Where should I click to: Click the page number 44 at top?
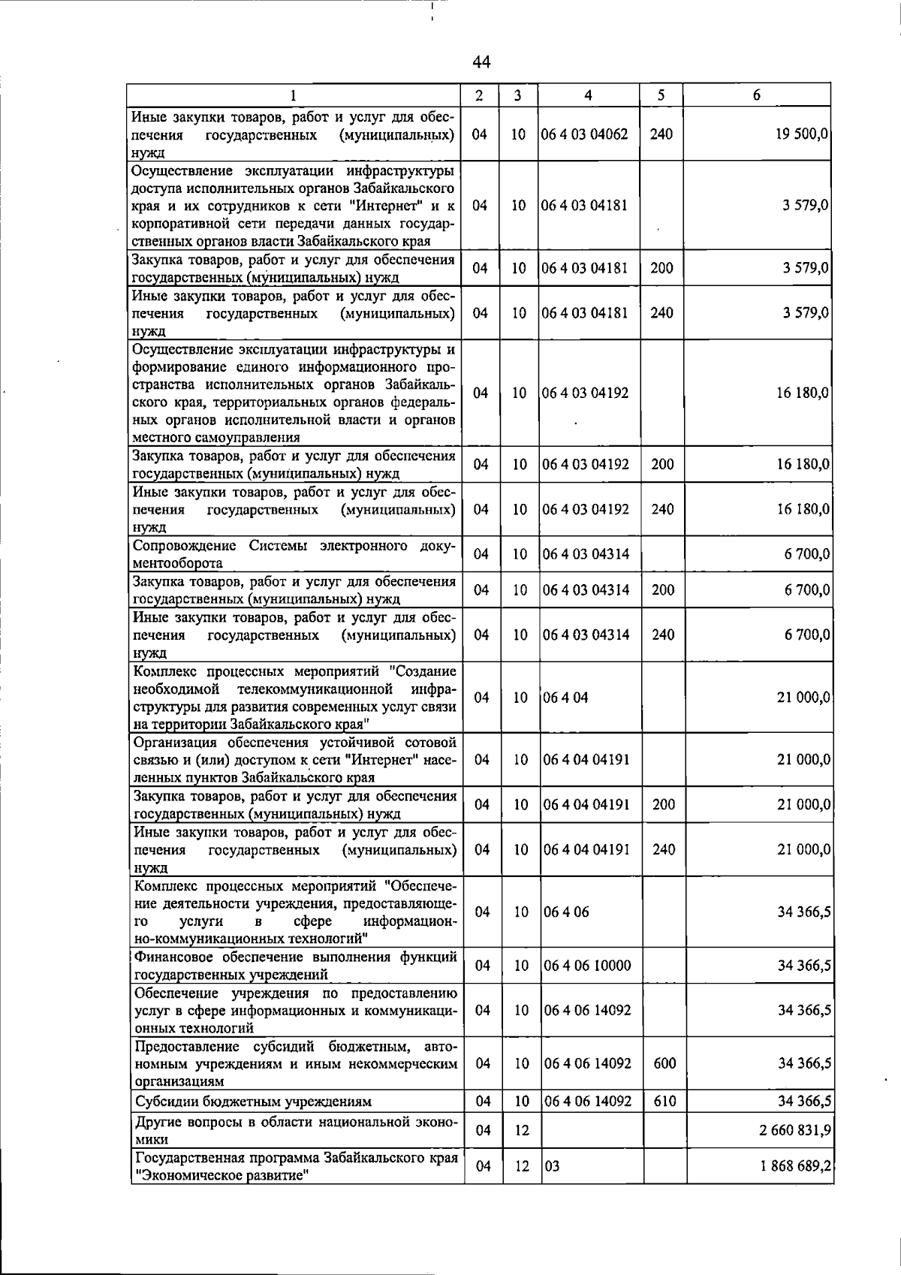pos(482,63)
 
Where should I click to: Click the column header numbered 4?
pos(589,95)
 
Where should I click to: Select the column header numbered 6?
pos(757,95)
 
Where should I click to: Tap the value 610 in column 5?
pos(664,1102)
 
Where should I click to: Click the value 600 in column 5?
pos(664,1063)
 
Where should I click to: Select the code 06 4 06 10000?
pos(587,966)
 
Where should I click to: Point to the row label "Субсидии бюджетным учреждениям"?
pos(254,1102)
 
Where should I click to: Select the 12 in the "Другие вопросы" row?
pos(522,1130)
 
